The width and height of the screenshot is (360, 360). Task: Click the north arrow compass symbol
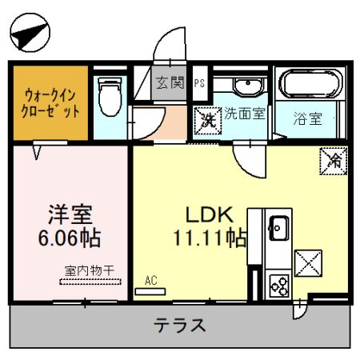pos(30,33)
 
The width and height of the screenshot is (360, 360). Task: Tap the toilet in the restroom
pos(110,97)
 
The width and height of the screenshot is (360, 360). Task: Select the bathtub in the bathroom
pos(310,83)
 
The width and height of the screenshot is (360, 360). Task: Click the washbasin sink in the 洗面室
pos(248,86)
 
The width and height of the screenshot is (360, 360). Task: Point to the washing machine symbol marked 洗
pos(208,121)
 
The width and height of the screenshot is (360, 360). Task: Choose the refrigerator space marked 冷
pos(334,161)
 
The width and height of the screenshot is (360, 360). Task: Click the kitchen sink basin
pos(279,228)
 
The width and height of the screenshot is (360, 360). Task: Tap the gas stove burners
pos(279,286)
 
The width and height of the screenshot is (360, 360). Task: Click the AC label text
pos(151,280)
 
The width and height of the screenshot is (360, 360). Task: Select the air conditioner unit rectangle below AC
pos(150,291)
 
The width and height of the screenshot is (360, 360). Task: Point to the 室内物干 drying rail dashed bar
pos(90,282)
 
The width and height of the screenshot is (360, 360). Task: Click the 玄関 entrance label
pos(170,82)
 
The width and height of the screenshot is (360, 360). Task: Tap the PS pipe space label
pos(199,83)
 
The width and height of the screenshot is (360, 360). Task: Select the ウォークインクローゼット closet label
pos(50,103)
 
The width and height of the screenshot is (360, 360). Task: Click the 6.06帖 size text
pos(70,238)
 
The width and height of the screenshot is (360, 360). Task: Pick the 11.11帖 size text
pos(210,238)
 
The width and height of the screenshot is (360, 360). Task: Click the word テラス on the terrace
pos(179,325)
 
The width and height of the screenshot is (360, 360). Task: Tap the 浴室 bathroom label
pos(308,118)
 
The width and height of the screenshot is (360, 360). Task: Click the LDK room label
pos(210,214)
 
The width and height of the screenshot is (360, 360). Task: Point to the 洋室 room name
pos(70,214)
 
